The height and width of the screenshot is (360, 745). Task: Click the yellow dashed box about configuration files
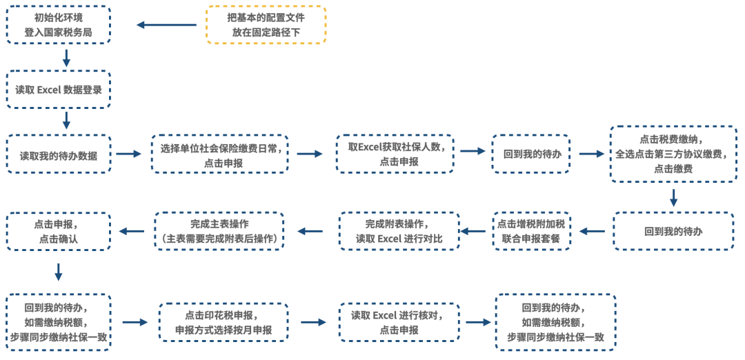266,25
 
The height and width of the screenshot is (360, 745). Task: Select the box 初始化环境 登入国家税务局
59,25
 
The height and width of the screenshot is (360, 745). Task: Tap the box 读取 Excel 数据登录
59,89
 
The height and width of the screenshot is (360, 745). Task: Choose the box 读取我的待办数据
59,154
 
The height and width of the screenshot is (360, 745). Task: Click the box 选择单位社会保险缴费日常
219,154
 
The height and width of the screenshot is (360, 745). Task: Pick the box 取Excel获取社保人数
395,154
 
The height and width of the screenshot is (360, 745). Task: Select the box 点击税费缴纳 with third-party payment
673,154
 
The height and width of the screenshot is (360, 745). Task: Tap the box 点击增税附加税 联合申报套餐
531,231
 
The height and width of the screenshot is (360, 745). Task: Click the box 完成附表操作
398,231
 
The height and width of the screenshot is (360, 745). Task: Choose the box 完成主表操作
219,231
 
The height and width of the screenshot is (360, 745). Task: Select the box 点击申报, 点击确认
59,231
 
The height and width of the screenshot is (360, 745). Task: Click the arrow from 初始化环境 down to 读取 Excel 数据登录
66,57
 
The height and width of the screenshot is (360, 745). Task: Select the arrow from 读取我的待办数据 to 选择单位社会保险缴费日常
128,154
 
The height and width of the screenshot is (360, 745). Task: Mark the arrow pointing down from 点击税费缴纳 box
673,198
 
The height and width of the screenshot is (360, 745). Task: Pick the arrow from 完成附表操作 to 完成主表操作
310,231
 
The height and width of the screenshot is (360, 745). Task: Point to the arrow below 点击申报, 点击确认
59,272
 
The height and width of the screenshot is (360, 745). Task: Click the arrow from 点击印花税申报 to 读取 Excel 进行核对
313,322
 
